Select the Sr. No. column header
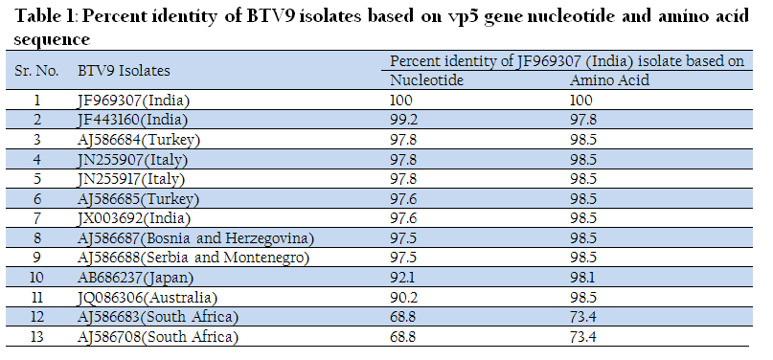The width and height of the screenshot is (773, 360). point(37,71)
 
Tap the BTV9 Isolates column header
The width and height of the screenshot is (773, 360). point(124,71)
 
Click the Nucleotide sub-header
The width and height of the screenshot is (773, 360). point(427,79)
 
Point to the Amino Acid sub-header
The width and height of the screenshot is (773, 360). point(610,79)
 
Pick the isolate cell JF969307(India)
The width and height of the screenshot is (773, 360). point(133,101)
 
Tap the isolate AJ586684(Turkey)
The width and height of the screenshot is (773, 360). point(139,140)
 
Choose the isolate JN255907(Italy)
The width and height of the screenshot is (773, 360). point(132,160)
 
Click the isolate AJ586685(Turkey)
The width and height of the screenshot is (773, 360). point(139,199)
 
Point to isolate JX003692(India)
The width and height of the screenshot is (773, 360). point(134,218)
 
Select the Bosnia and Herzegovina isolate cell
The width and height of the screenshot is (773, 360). point(196,238)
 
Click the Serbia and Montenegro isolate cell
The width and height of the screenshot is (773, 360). point(193,259)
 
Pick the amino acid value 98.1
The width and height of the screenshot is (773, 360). point(582,278)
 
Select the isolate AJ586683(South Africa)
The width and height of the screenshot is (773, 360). point(158,317)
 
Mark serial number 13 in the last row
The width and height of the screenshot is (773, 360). point(36,337)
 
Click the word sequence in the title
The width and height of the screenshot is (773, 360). point(52,39)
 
